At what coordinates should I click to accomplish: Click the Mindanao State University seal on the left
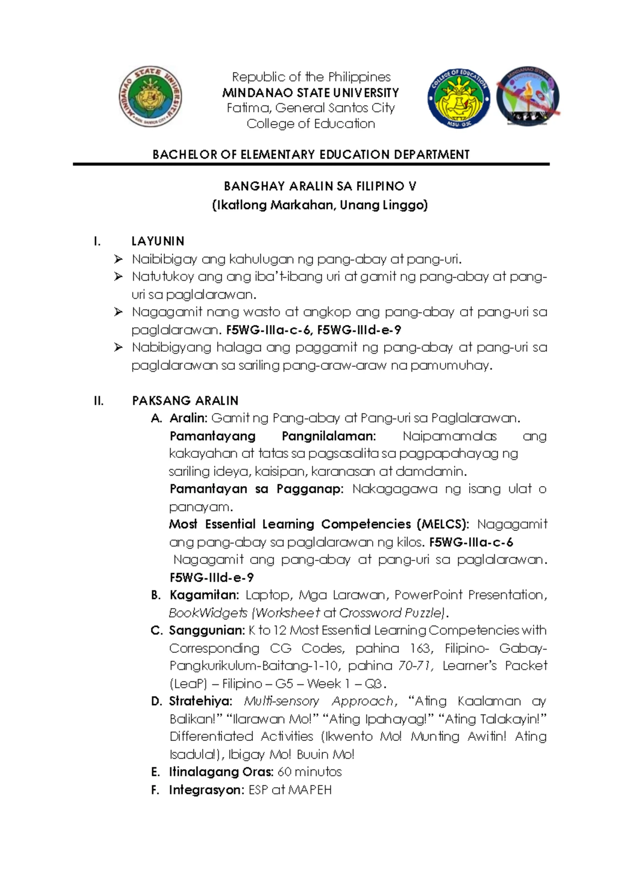tap(150, 97)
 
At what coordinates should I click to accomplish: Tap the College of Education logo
tap(458, 98)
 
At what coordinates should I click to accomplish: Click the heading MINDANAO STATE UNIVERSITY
tap(310, 93)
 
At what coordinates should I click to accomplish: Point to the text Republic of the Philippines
tap(311, 77)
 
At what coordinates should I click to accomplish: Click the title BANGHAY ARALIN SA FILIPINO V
tap(320, 186)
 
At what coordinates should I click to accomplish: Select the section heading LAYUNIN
tap(158, 241)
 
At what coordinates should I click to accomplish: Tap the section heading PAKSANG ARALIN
tap(185, 401)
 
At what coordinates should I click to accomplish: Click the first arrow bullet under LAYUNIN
tap(119, 259)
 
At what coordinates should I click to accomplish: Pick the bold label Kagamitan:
tap(204, 595)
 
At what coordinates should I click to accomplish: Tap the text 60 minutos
tap(309, 772)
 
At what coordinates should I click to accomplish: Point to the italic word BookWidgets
tap(208, 613)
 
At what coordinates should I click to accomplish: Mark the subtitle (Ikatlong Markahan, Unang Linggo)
tap(320, 205)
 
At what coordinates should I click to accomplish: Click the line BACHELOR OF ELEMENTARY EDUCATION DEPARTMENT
tap(311, 155)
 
